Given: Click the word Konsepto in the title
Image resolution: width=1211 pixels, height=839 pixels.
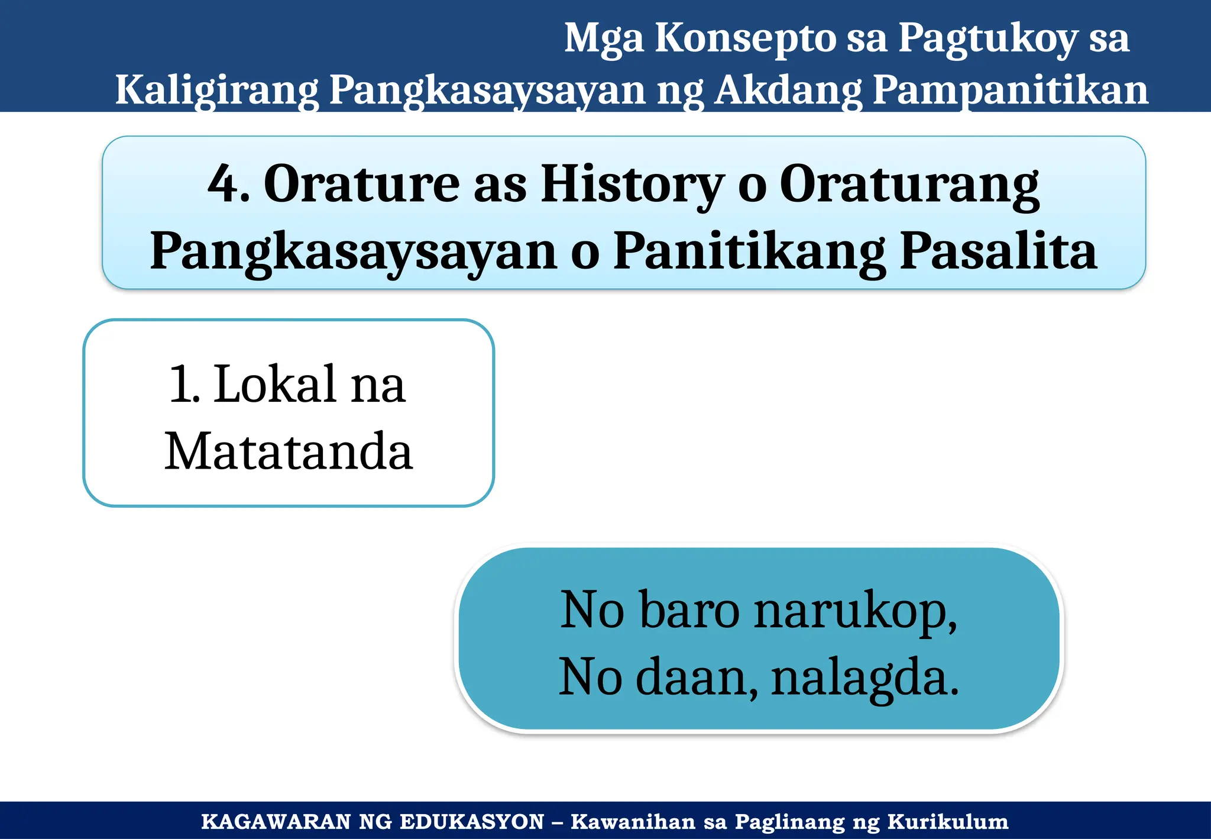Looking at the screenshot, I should coord(744,38).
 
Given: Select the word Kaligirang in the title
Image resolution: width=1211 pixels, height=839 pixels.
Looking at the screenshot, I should coord(216,90).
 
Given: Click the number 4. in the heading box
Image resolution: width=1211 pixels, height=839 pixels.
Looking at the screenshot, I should coord(228,185).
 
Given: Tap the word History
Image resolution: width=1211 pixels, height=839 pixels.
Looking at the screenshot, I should coord(632,185).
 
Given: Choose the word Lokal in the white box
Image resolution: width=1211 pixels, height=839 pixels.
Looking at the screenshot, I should coord(276,385).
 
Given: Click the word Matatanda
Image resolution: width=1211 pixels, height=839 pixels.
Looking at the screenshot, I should coord(289,451).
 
